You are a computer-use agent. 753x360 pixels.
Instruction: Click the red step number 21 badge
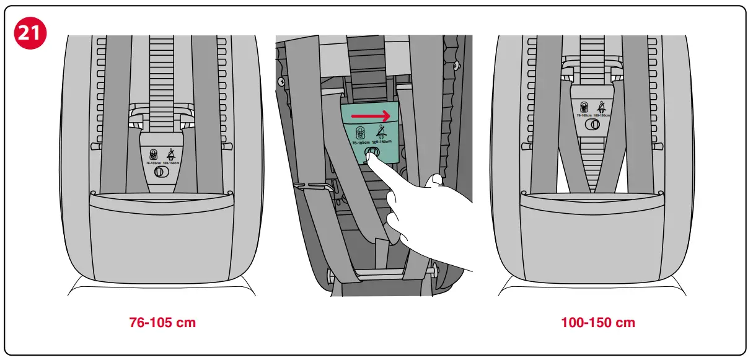pyautogui.click(x=30, y=32)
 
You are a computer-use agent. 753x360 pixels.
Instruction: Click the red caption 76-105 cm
pyautogui.click(x=162, y=323)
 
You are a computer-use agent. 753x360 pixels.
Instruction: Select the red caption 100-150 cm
pyautogui.click(x=597, y=323)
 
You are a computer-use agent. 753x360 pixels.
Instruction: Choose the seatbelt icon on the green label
pyautogui.click(x=381, y=131)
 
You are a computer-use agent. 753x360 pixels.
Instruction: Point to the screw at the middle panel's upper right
pyautogui.click(x=457, y=64)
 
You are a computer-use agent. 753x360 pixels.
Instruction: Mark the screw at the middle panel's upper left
pyautogui.click(x=282, y=81)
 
